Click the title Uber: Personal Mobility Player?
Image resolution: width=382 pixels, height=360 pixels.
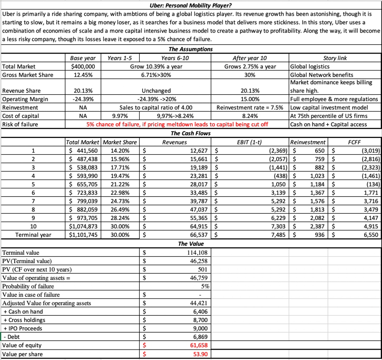(190, 5)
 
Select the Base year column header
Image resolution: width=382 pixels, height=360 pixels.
(82, 57)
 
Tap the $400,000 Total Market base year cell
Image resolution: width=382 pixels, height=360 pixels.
(83, 66)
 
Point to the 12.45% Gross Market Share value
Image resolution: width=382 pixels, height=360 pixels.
(83, 75)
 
